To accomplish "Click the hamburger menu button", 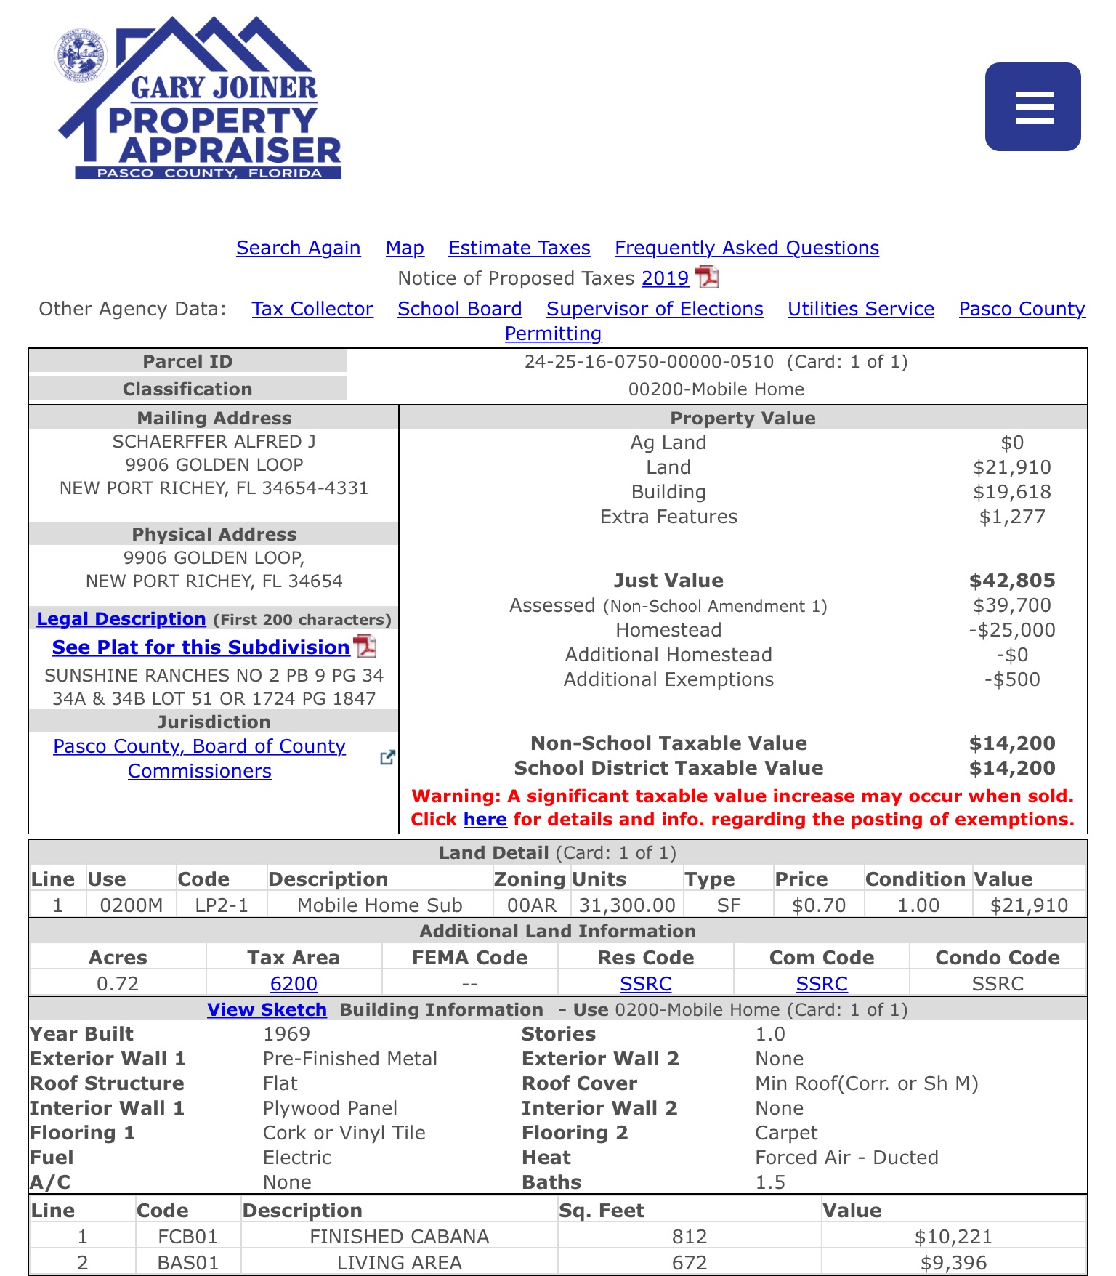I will (x=1032, y=107).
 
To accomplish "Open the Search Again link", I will (x=298, y=248).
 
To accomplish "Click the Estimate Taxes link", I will (x=519, y=248).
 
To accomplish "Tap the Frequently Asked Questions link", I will (x=746, y=248).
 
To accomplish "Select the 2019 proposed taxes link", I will (x=665, y=278).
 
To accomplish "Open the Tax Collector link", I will (x=312, y=309).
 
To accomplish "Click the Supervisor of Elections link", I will (x=655, y=309).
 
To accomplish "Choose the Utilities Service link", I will (x=860, y=309).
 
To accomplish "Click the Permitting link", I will (x=553, y=334).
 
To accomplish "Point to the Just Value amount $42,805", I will (x=1011, y=581).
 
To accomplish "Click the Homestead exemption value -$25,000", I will (x=1011, y=630).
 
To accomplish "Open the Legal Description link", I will (x=121, y=619).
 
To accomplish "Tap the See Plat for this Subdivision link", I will (x=201, y=647).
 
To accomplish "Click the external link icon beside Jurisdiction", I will (x=387, y=757).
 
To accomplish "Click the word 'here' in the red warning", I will (x=485, y=820).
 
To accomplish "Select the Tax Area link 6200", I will (x=294, y=984).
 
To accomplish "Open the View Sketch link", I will (x=267, y=1010).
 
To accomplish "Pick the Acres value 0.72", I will (x=118, y=984).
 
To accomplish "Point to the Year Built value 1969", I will (x=286, y=1034).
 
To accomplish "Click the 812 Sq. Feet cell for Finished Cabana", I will (x=689, y=1237).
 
